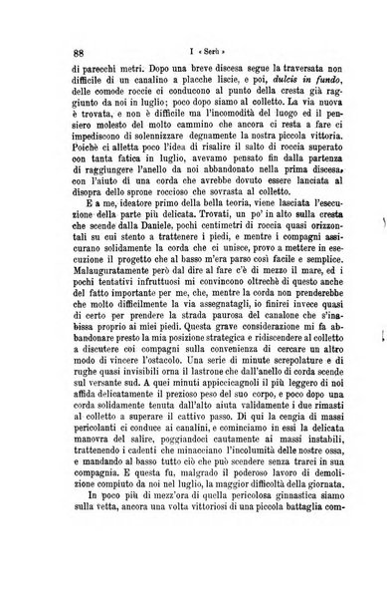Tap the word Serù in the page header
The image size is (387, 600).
coord(198,52)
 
